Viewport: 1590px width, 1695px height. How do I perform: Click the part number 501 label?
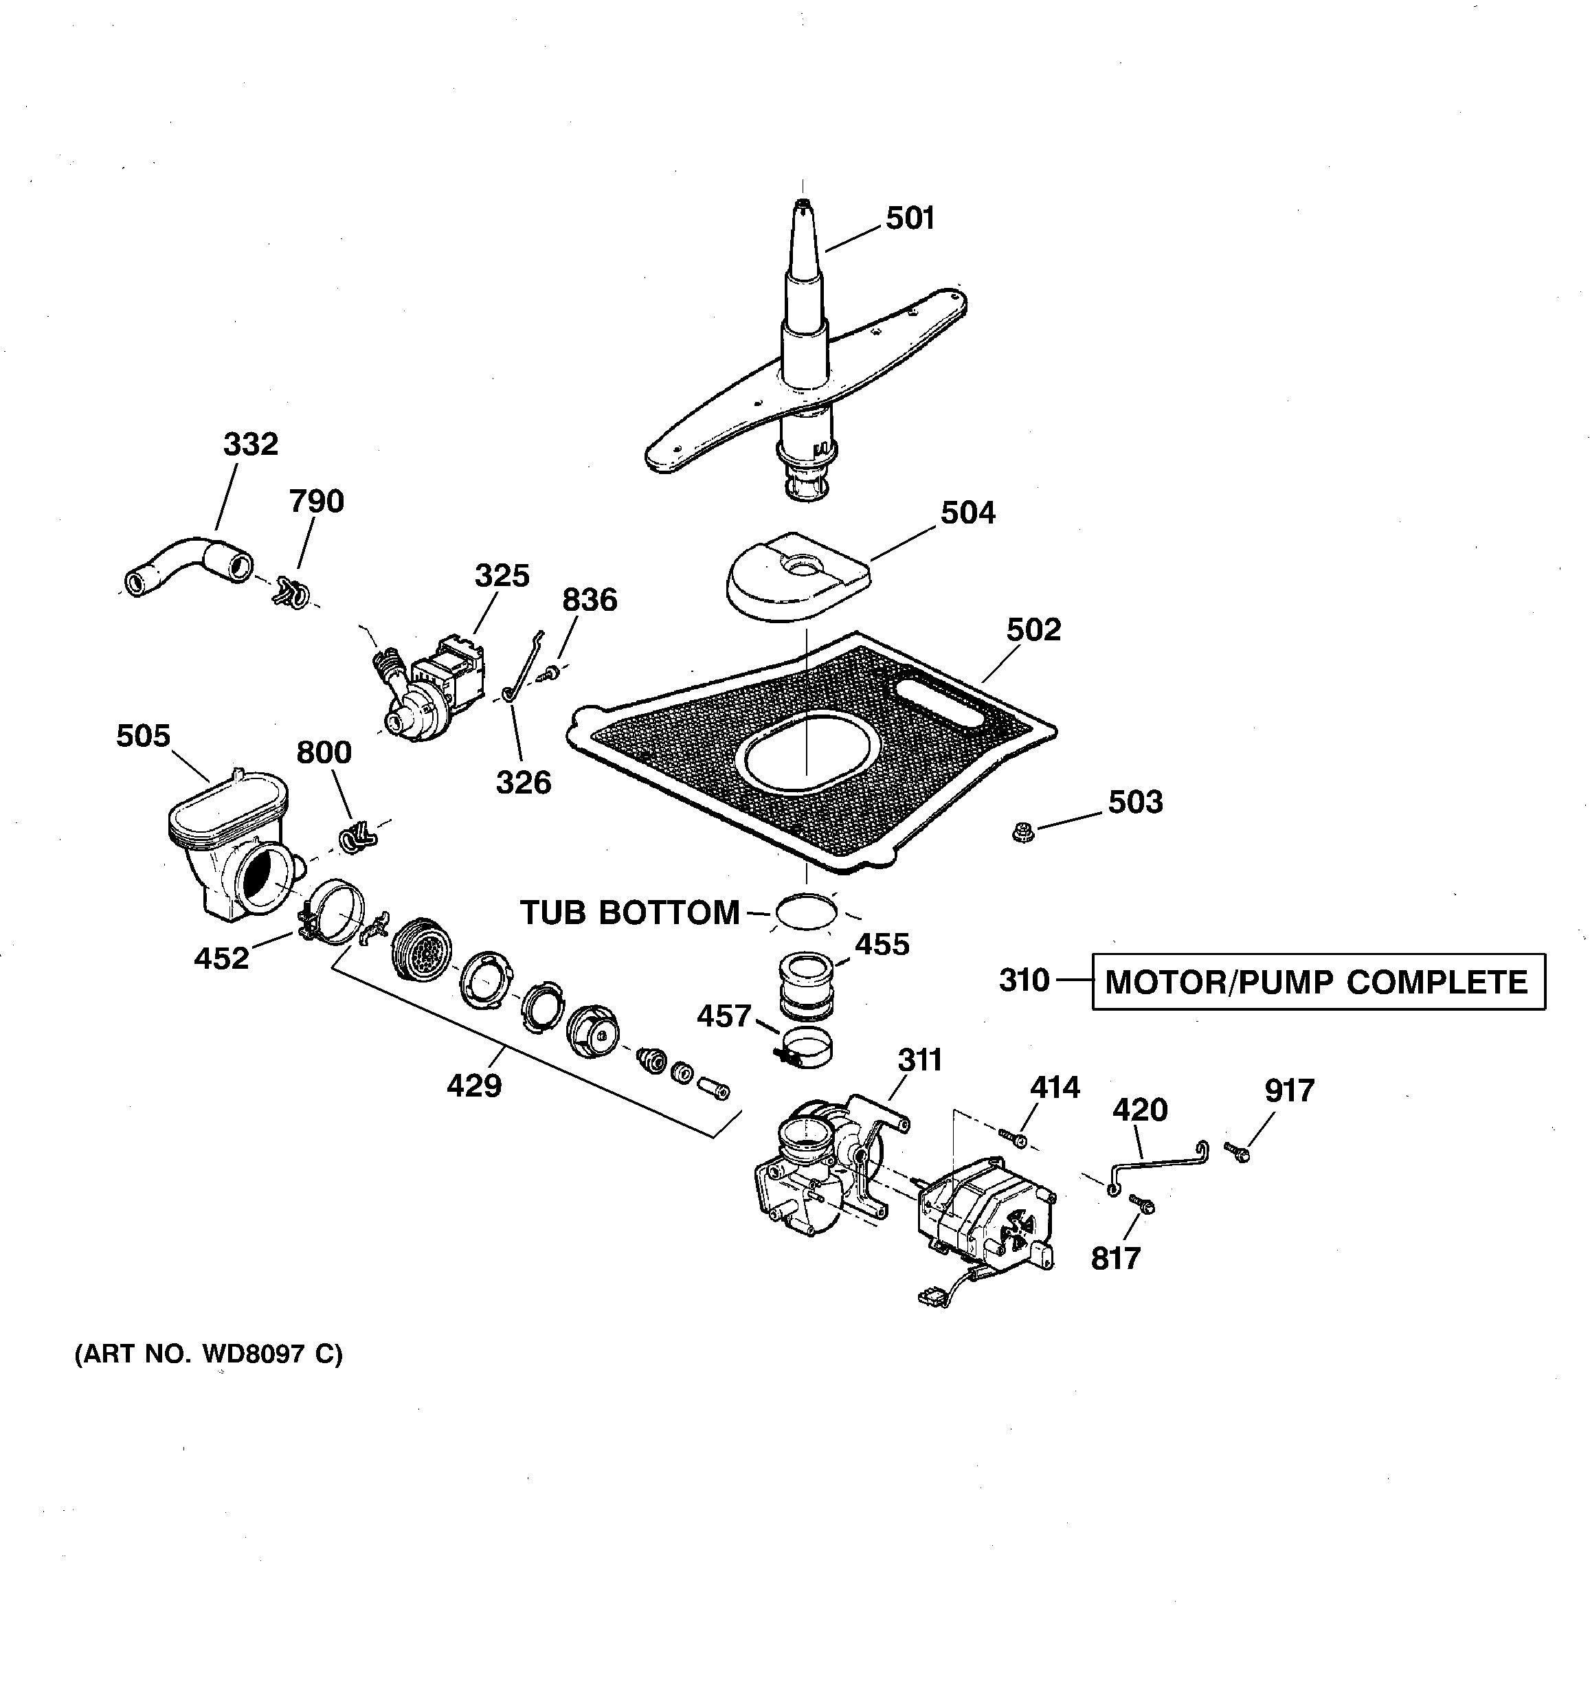[x=910, y=219]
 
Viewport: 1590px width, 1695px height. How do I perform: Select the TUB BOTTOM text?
[x=630, y=913]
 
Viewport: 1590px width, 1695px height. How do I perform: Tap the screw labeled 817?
[x=1143, y=1204]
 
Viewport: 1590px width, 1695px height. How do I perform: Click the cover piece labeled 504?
[x=797, y=576]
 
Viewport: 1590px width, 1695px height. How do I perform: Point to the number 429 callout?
[x=474, y=1086]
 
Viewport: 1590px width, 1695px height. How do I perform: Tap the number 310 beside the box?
[x=1024, y=980]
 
